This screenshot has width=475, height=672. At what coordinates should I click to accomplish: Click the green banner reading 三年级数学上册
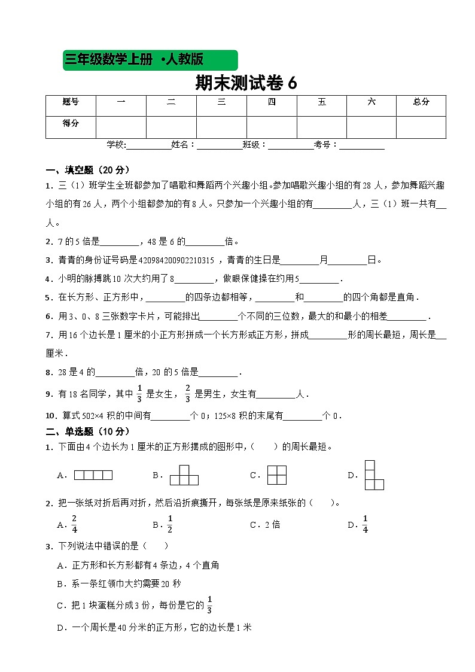[x=150, y=60]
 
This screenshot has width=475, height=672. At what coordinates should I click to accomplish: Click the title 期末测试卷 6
[x=246, y=83]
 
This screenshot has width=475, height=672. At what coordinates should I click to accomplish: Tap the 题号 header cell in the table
[x=71, y=102]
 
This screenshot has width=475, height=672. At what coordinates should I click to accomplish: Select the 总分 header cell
[x=421, y=102]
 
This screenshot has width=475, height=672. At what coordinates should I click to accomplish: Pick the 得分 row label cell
[x=71, y=124]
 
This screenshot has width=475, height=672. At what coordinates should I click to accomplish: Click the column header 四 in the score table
[x=272, y=102]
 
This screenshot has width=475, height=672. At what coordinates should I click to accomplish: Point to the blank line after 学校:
[x=148, y=145]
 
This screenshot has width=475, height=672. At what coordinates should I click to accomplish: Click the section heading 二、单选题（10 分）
[x=87, y=431]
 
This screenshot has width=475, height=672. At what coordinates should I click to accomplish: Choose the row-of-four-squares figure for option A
[x=93, y=476]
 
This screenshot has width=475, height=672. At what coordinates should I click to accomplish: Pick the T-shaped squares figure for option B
[x=184, y=475]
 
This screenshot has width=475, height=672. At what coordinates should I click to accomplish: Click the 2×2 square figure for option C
[x=277, y=475]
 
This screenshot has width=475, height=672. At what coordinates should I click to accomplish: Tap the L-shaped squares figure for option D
[x=374, y=475]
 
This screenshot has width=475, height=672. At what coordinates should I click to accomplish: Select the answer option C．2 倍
[x=265, y=525]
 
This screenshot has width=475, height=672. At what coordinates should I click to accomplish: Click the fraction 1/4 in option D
[x=365, y=525]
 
